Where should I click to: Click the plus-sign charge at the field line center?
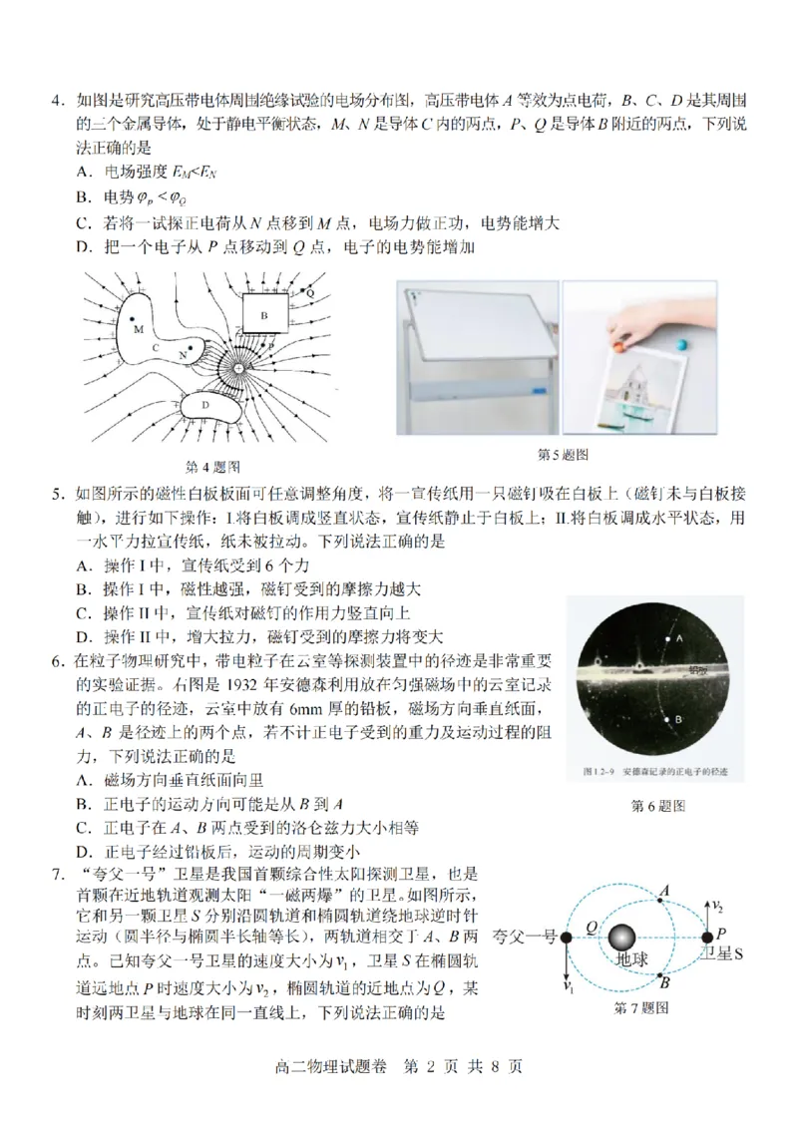coord(239,369)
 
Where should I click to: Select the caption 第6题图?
coord(658,806)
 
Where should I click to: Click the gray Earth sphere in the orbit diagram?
coord(623,938)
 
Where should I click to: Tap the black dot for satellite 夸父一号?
coord(566,938)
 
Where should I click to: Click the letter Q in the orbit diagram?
coord(592,928)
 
